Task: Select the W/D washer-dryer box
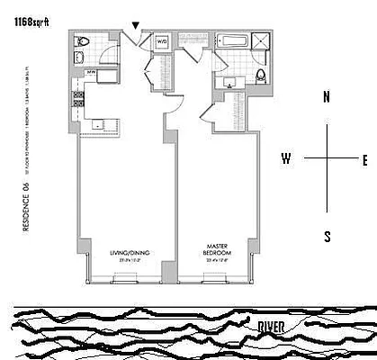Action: [x=164, y=41]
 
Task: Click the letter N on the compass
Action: [x=328, y=96]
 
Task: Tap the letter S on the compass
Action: [x=328, y=237]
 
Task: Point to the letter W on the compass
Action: [x=287, y=159]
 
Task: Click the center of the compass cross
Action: [x=328, y=159]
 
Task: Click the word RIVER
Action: [x=273, y=326]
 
